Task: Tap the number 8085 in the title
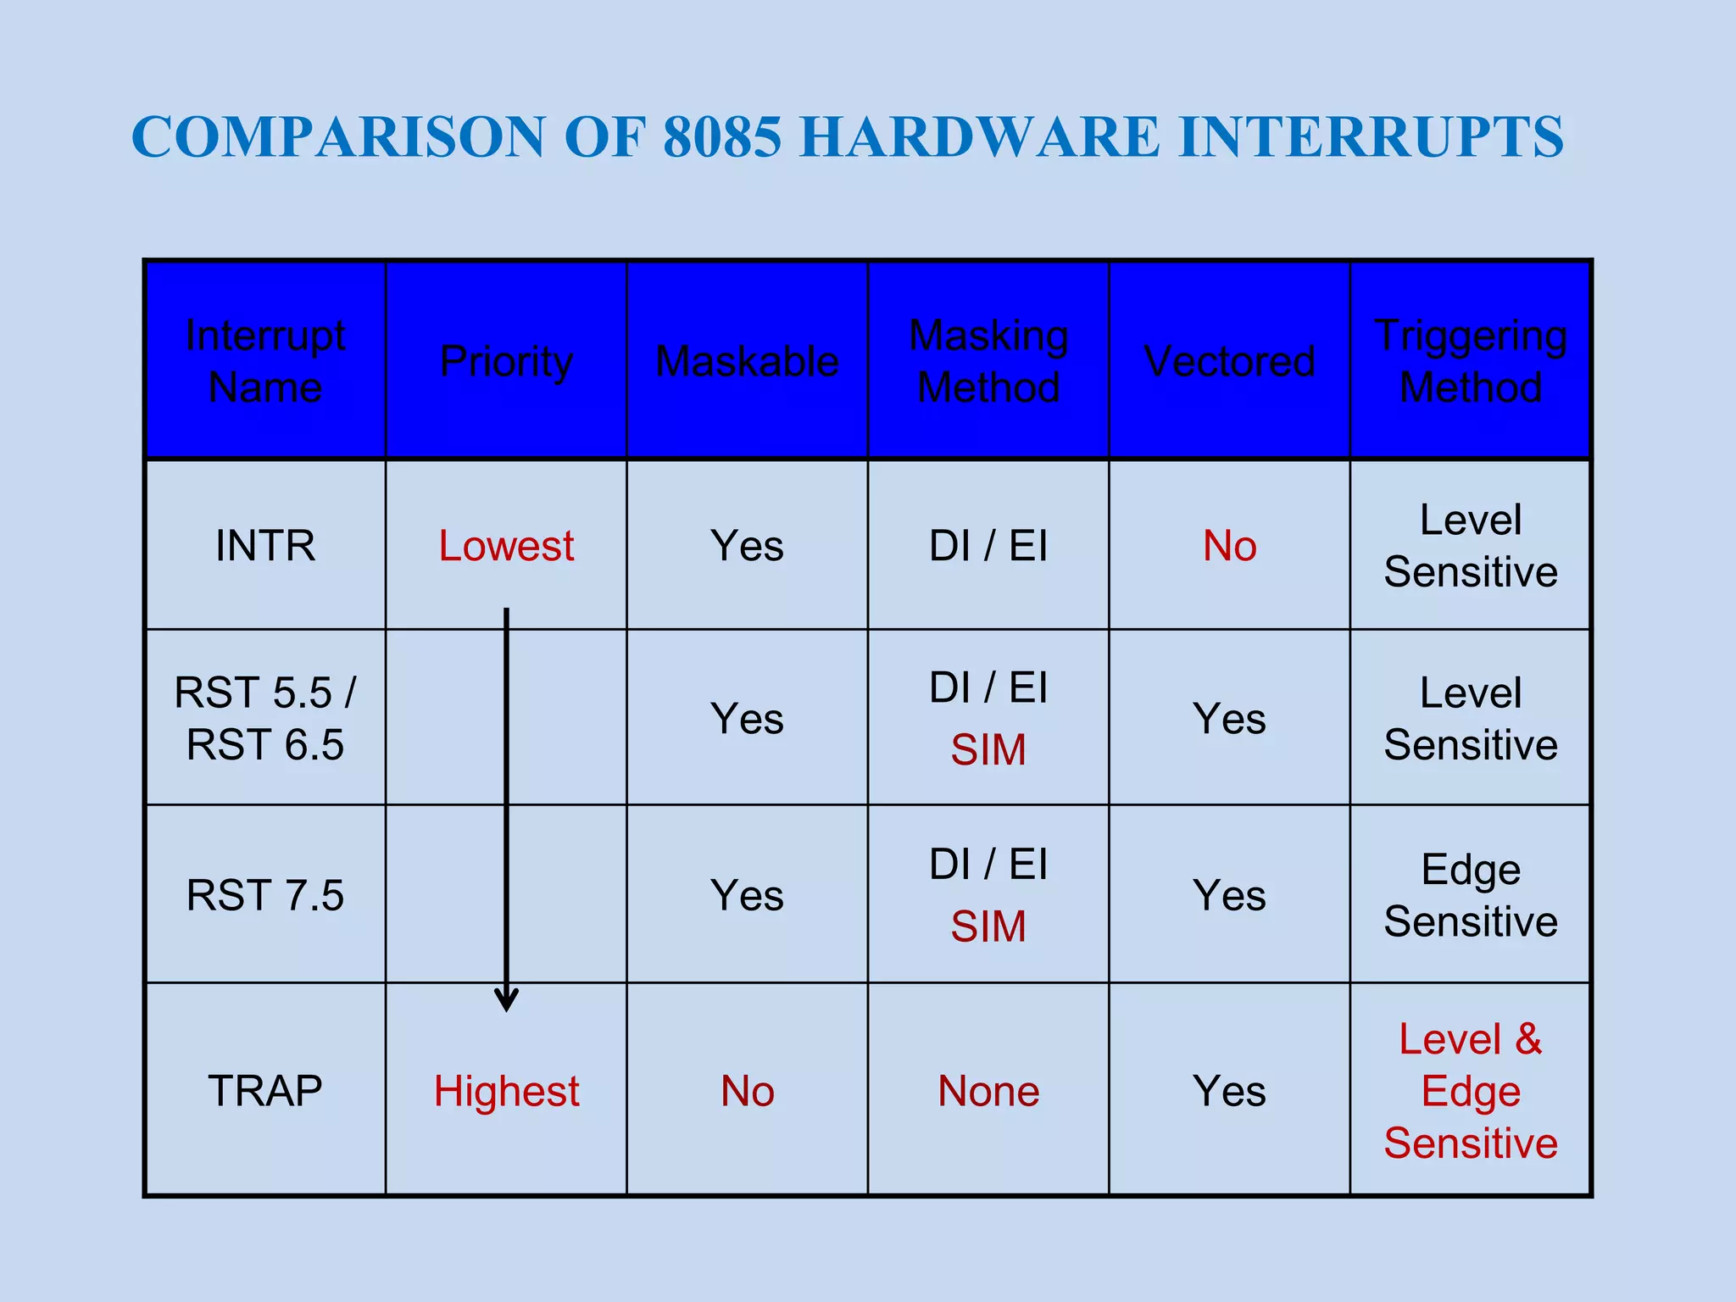(721, 136)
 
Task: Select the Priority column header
(506, 361)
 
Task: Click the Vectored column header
(1229, 361)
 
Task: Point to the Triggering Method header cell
(1470, 361)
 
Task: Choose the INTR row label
(265, 545)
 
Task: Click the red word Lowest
(506, 545)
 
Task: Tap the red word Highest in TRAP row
(506, 1091)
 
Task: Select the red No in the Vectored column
(1229, 545)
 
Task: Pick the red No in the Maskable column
(747, 1091)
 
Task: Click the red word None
(988, 1091)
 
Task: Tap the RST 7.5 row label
(265, 895)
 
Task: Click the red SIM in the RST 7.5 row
(988, 926)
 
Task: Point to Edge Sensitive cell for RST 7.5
(1470, 895)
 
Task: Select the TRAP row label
(265, 1091)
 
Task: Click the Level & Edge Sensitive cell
(1470, 1091)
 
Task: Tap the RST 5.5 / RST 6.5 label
(265, 718)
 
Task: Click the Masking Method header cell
(988, 361)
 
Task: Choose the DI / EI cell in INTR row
(988, 545)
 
